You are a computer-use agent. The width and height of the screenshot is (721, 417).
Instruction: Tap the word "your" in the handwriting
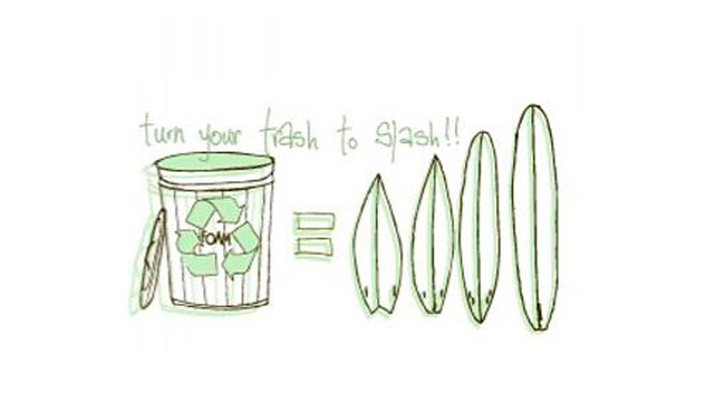[214, 138]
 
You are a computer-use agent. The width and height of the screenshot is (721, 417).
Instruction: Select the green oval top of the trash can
[214, 164]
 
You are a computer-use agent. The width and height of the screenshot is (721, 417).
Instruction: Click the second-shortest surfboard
[433, 236]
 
